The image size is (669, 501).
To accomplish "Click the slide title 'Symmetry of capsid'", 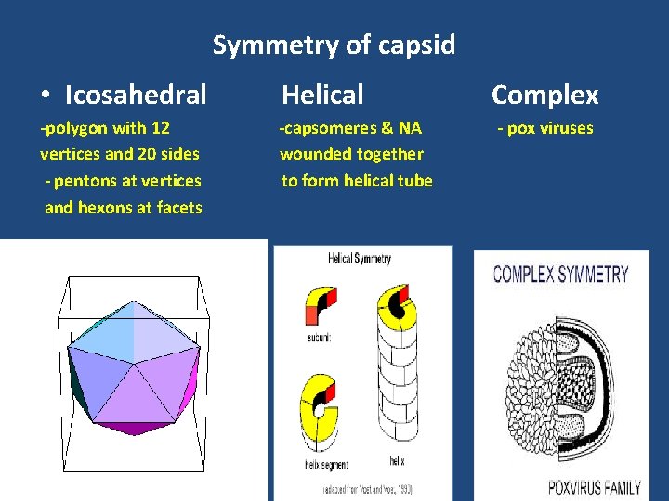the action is [x=334, y=45].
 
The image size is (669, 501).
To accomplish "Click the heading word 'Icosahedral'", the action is [x=136, y=95].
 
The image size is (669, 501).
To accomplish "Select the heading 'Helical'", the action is [x=322, y=94].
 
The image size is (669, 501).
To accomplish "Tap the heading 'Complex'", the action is [x=544, y=95].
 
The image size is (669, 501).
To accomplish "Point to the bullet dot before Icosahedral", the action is [x=46, y=96].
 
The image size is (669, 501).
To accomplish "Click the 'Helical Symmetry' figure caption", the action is [x=360, y=259].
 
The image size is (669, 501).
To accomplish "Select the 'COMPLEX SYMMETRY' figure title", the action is [x=560, y=274].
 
